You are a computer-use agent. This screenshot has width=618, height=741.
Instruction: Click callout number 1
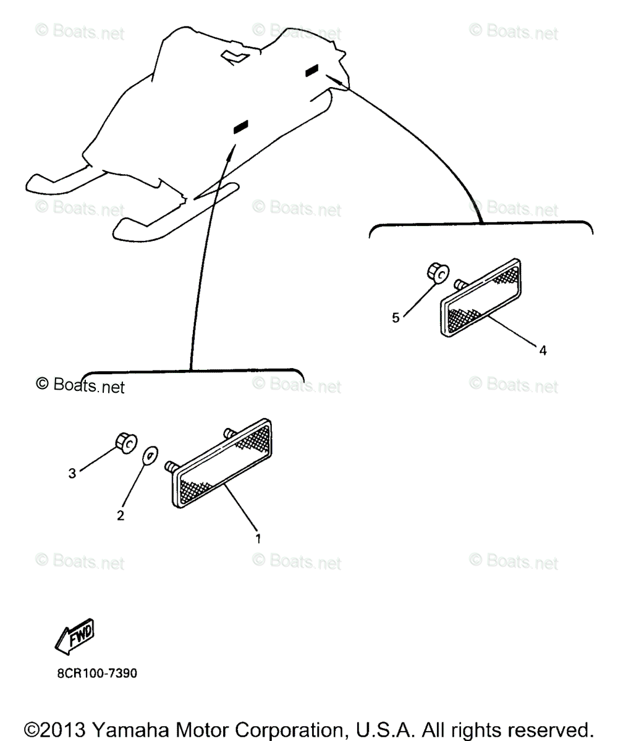coord(258,538)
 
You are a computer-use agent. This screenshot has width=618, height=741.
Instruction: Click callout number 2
coord(121,515)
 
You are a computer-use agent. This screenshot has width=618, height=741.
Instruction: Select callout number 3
coord(72,473)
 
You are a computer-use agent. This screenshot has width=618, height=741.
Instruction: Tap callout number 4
coord(543,350)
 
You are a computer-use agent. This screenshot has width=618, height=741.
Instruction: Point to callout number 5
coord(396,317)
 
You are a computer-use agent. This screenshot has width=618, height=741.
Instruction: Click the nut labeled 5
coord(438,272)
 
